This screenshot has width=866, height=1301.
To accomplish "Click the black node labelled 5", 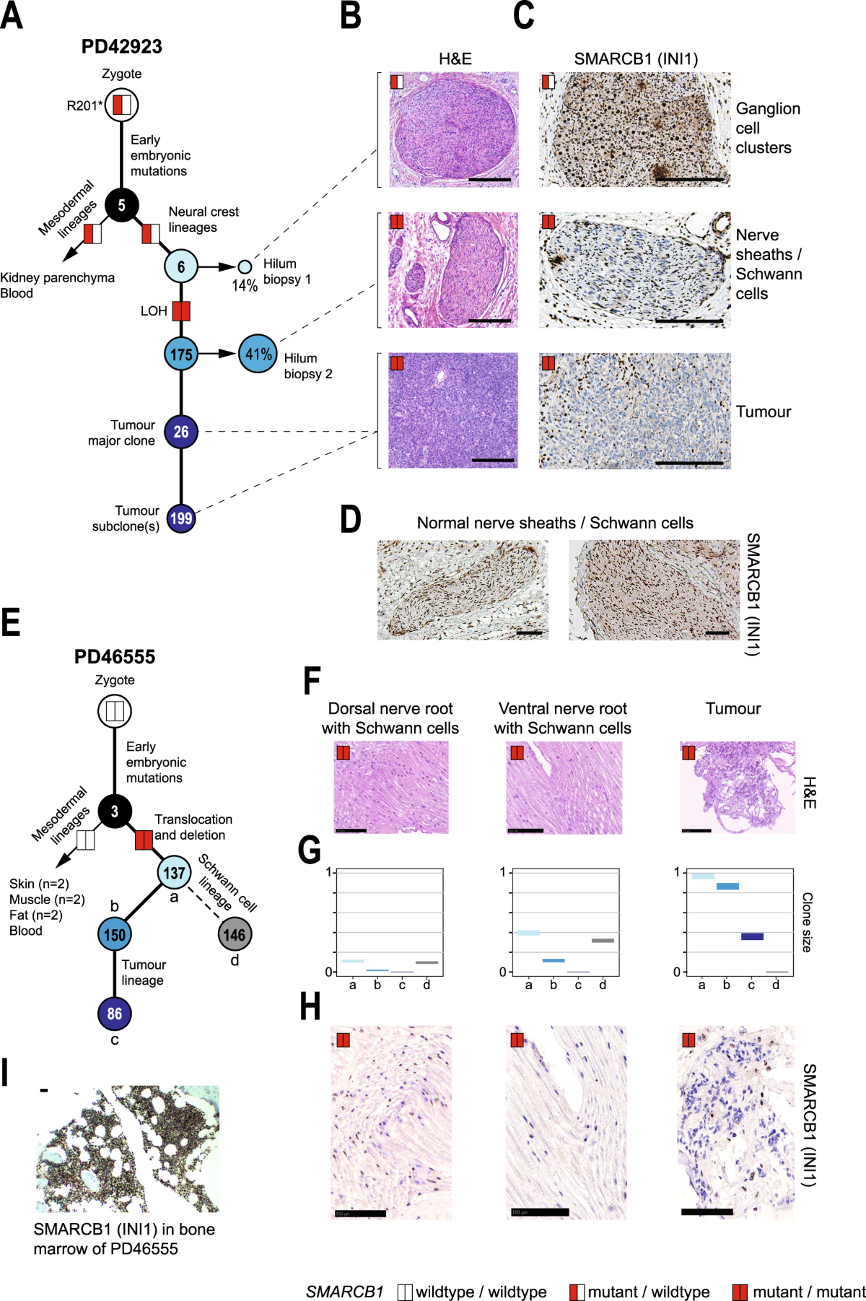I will pyautogui.click(x=121, y=205).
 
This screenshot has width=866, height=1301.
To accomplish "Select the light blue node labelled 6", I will pyautogui.click(x=181, y=266).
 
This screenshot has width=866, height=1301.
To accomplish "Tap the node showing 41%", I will pyautogui.click(x=258, y=354).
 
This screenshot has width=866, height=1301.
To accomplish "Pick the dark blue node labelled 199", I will pyautogui.click(x=181, y=518).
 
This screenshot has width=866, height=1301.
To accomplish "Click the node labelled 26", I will pyautogui.click(x=181, y=432).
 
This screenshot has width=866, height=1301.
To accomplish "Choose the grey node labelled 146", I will pyautogui.click(x=235, y=934).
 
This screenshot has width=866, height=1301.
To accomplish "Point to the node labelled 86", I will pyautogui.click(x=115, y=1013).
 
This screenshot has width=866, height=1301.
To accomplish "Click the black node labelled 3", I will pyautogui.click(x=115, y=812).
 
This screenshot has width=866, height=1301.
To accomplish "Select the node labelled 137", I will pyautogui.click(x=174, y=873).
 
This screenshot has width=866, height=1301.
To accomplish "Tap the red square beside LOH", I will pyautogui.click(x=181, y=310).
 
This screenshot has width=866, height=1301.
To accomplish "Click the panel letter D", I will pyautogui.click(x=351, y=520).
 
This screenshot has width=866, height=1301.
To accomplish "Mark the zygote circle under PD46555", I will pyautogui.click(x=115, y=711).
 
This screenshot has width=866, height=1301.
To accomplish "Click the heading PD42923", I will pyautogui.click(x=121, y=47).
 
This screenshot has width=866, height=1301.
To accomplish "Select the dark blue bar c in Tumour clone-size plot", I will pyautogui.click(x=752, y=936).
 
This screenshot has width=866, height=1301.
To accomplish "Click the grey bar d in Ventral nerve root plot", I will pyautogui.click(x=603, y=941).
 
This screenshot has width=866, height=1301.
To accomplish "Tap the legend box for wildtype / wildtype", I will pyautogui.click(x=405, y=1292).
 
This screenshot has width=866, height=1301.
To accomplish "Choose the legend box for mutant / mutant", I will pyautogui.click(x=740, y=1292).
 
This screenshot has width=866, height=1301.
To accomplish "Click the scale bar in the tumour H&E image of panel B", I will pyautogui.click(x=493, y=460).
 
